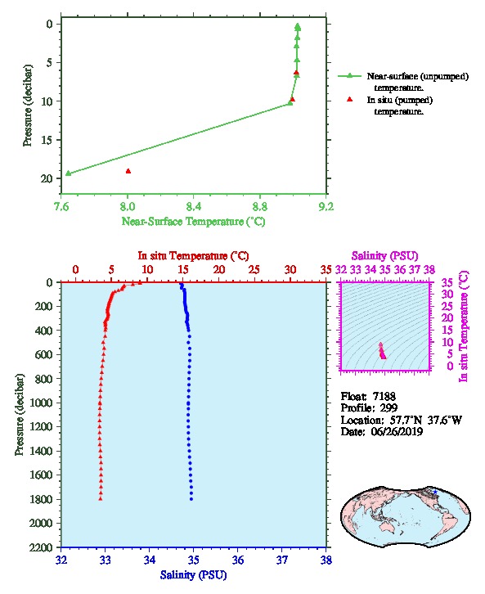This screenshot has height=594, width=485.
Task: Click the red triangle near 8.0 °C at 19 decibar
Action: pos(128,171)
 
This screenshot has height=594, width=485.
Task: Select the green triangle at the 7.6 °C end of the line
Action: pos(68,173)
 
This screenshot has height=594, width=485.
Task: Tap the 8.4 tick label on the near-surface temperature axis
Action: pos(194,206)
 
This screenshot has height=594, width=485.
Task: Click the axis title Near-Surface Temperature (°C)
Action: pos(193,222)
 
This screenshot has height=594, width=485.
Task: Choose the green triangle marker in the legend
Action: pos(350,76)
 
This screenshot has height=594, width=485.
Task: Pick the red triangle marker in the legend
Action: pos(350,99)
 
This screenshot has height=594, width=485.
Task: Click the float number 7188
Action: pos(384,396)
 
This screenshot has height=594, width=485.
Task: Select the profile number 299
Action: pos(388,408)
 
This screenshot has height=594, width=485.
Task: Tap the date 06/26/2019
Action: pos(397,432)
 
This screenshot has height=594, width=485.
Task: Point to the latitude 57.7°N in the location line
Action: pos(406,420)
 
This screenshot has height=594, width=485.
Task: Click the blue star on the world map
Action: pos(435,492)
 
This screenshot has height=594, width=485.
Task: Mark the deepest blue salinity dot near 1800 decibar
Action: pos(191,499)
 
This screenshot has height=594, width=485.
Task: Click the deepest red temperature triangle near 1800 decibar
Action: pos(101,498)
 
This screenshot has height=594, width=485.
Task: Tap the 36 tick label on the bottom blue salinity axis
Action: pos(238,560)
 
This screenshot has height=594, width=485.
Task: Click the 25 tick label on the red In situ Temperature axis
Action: pos(254,269)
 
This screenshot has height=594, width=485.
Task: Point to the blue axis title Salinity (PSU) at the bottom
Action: pos(193,575)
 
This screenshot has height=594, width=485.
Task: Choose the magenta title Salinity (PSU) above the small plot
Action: pos(384,256)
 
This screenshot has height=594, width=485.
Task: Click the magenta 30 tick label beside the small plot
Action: pos(447,294)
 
